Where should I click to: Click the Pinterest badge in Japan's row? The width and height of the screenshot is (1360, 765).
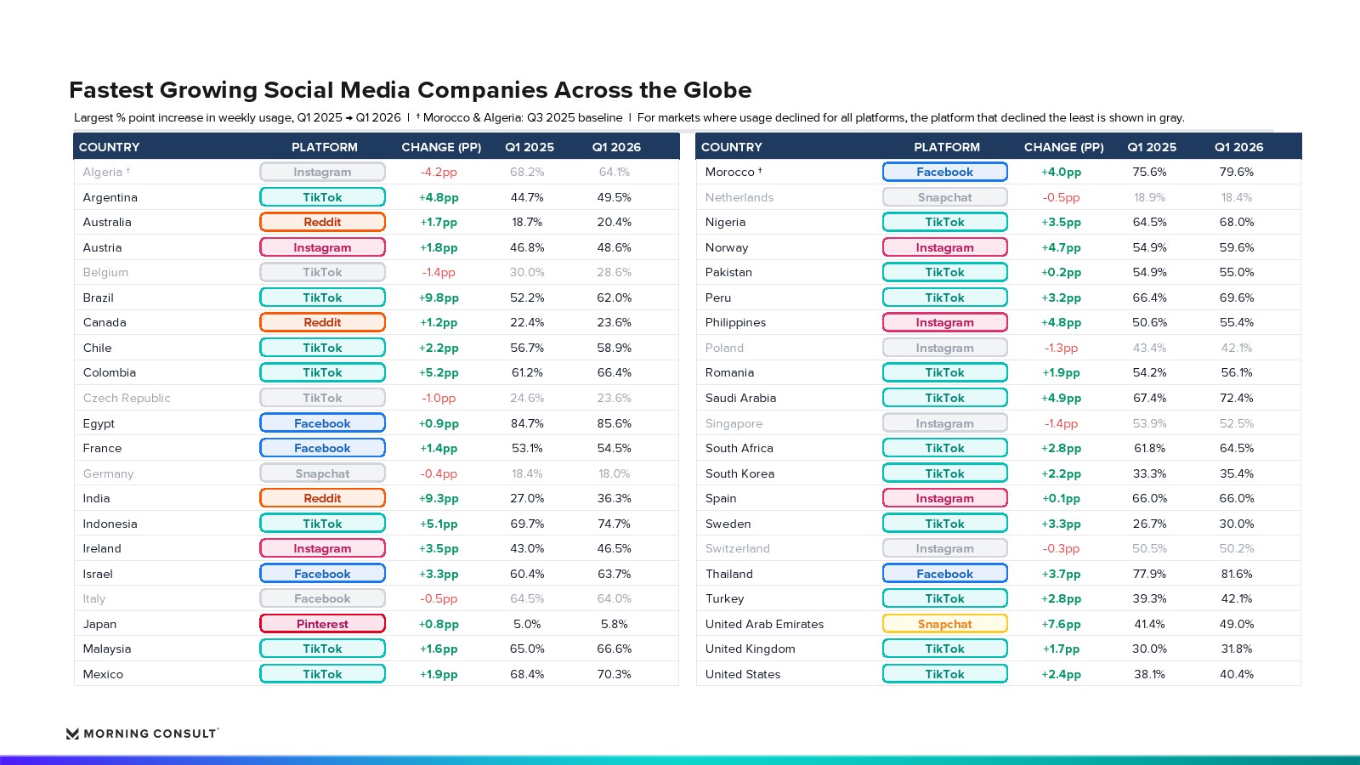click(x=322, y=624)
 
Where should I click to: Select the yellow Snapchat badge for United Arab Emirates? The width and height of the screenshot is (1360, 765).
click(x=944, y=624)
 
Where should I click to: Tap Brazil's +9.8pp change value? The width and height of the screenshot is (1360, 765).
click(x=439, y=297)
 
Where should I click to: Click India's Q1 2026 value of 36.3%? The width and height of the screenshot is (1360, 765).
click(x=614, y=498)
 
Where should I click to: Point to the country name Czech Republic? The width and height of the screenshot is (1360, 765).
click(x=127, y=399)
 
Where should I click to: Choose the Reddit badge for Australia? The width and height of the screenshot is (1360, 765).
click(x=322, y=222)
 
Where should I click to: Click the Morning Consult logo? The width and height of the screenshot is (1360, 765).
click(x=142, y=734)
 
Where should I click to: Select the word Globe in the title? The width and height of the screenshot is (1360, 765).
click(x=717, y=90)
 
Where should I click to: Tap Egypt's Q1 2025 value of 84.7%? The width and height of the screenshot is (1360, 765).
click(x=527, y=423)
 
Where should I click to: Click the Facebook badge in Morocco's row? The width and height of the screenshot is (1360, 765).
click(x=944, y=172)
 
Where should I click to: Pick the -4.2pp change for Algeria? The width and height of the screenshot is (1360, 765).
click(x=439, y=173)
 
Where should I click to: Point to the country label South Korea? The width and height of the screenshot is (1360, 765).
click(x=739, y=473)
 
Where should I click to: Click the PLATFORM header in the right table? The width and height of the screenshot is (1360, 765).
click(x=947, y=147)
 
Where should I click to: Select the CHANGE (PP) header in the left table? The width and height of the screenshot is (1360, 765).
click(x=441, y=147)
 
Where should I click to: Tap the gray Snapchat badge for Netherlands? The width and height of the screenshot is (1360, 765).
click(x=944, y=197)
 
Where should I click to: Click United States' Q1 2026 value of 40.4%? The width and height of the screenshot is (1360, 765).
click(x=1236, y=674)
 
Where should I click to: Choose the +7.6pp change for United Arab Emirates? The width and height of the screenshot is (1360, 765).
click(x=1061, y=624)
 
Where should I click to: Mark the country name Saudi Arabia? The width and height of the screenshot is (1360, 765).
click(x=740, y=399)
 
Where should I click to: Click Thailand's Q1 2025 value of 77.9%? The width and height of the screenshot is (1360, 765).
click(x=1149, y=574)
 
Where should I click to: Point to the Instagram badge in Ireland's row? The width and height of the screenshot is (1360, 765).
click(x=322, y=548)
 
